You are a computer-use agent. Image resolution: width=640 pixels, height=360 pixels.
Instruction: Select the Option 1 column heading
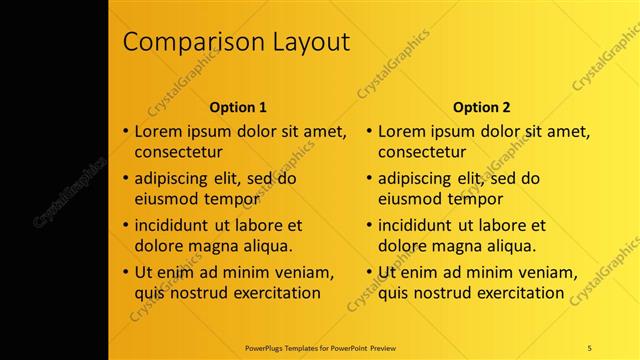coord(238,107)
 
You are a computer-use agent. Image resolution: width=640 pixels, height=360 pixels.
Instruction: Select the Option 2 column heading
coord(481,107)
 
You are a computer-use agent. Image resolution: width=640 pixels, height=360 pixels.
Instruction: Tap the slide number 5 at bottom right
coord(590,347)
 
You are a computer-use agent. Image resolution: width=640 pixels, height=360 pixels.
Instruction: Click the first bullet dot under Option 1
coord(126,131)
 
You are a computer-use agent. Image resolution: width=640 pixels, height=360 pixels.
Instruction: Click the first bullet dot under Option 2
coord(369,131)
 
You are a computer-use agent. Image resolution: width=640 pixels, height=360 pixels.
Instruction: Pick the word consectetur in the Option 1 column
coord(178,153)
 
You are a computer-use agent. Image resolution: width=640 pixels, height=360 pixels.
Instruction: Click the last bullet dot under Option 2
coord(369,272)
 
